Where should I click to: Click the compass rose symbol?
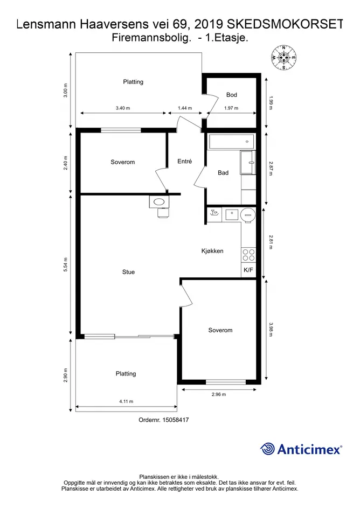tap(283, 58)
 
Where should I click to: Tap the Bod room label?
tap(231, 95)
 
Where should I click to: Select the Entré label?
tap(184, 161)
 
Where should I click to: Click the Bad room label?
tap(223, 173)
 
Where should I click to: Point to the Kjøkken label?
tap(212, 251)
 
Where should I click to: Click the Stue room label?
tap(128, 272)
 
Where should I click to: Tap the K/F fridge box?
tap(248, 270)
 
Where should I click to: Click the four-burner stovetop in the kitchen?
tap(248, 255)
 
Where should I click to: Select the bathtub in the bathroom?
tap(232, 142)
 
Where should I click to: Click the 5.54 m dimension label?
tap(66, 264)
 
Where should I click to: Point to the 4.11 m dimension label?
tap(126, 401)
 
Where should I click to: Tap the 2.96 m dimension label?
tap(219, 394)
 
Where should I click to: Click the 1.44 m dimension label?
tap(185, 108)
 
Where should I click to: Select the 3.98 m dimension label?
tap(271, 329)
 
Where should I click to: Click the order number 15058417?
tap(176, 420)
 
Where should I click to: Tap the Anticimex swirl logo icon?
tap(267, 449)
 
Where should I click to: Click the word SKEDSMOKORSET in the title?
tap(285, 24)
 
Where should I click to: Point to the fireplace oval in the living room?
tap(159, 202)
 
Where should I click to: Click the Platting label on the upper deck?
tap(133, 82)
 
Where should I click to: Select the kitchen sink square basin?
tap(232, 214)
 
